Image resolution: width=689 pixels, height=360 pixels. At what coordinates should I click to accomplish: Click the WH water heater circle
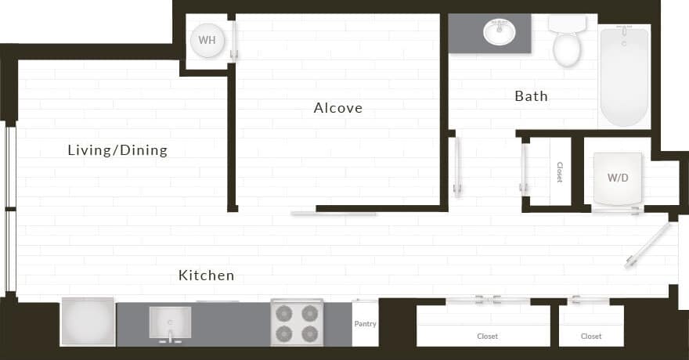tap(207, 40)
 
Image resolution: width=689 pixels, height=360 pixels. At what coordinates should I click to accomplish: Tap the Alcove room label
tap(338, 108)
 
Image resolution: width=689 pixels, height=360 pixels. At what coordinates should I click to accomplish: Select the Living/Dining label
tap(117, 150)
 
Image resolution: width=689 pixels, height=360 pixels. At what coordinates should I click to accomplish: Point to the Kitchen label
tap(207, 275)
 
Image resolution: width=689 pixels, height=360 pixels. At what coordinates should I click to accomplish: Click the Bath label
tap(531, 96)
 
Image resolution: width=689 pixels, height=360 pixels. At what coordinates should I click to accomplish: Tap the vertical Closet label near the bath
tap(559, 172)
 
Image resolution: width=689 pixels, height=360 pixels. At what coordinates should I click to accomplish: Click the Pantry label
tap(365, 323)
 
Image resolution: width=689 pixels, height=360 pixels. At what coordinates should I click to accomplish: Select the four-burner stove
tap(298, 322)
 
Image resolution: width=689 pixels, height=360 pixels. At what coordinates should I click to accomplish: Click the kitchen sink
tap(170, 322)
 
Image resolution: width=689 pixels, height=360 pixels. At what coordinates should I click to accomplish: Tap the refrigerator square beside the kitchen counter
tap(88, 322)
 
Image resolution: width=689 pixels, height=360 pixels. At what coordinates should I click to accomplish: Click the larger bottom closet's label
tap(487, 337)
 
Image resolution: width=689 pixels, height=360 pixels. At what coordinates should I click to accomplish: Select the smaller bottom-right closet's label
tap(591, 337)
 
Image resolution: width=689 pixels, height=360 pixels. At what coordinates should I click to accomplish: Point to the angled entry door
tap(648, 246)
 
